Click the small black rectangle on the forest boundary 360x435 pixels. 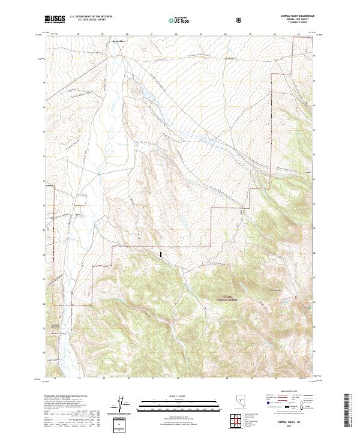(x=161, y=254)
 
